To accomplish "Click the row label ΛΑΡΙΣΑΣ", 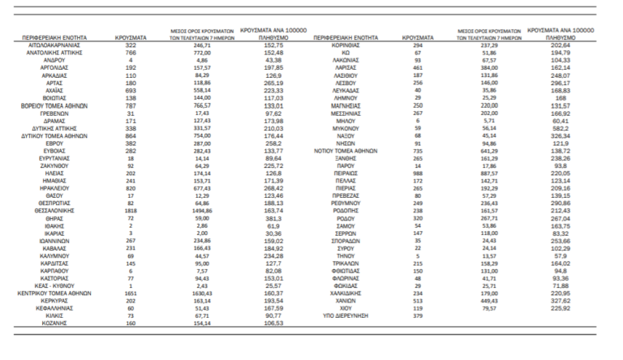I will click(x=351, y=68).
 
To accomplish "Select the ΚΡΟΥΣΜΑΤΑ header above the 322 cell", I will click(x=129, y=37).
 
